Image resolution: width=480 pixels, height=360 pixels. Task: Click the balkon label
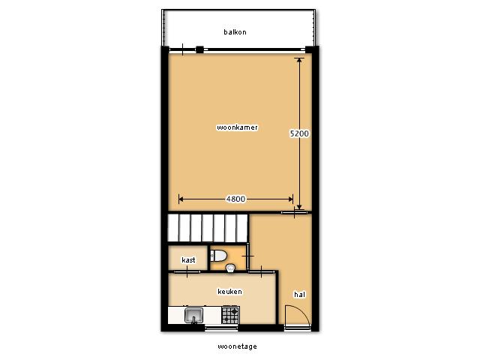pos(235,32)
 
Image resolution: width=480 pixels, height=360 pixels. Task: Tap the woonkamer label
pos(237,127)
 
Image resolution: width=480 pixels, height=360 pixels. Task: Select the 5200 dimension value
pos(299,133)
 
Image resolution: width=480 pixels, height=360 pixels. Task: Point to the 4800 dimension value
pos(235,199)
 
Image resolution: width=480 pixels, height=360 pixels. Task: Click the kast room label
pos(188,260)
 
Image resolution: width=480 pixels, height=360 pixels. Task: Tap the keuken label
pos(230,292)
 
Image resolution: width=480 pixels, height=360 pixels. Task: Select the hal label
pos(300,295)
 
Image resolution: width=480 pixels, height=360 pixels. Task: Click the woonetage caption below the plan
pos(237,346)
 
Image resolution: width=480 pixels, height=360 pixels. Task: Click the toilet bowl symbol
pos(218,256)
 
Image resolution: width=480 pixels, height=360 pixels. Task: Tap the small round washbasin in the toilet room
pos(230,268)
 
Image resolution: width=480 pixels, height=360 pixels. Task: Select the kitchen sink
pos(193,315)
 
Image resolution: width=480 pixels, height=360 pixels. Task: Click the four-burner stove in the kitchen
pos(230,315)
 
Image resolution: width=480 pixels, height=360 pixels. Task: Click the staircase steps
pos(208,228)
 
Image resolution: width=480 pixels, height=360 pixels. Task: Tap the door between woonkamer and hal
pos(294,211)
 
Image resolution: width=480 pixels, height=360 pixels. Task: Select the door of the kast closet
pos(187,271)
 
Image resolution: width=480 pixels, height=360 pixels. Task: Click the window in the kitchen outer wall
pos(221,328)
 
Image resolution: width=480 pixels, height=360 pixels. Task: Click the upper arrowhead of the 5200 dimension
pos(299,61)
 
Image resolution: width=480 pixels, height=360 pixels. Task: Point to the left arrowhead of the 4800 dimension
pos(181,199)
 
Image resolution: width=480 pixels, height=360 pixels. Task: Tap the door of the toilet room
pos(248,256)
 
